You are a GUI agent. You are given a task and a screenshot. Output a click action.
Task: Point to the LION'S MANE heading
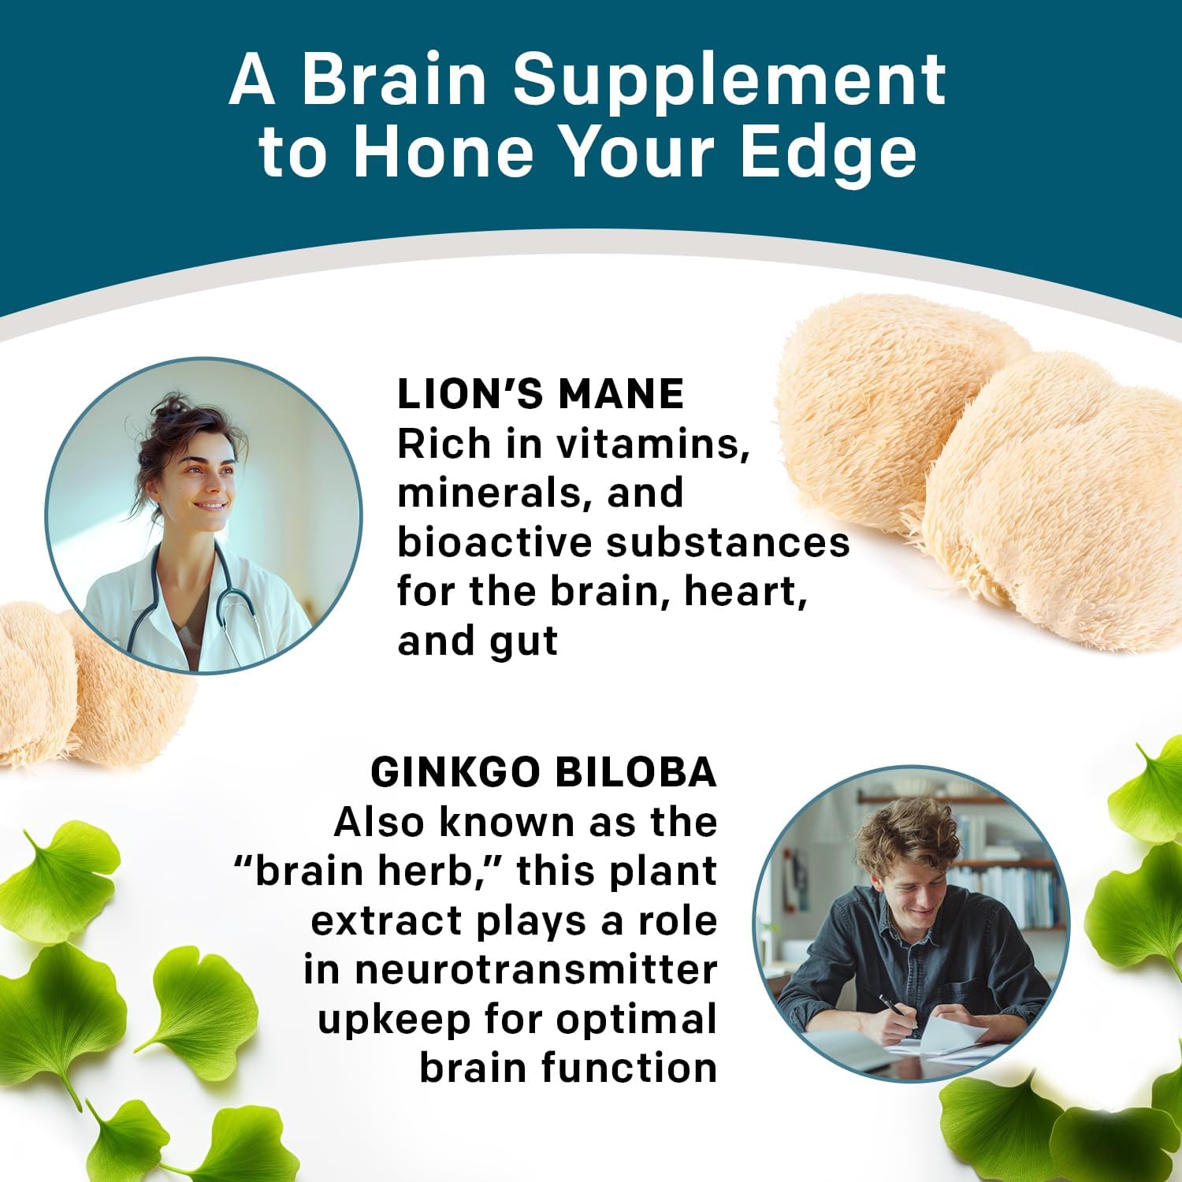pyautogui.click(x=540, y=394)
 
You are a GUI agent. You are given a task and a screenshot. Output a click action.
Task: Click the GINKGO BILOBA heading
pyautogui.click(x=544, y=772)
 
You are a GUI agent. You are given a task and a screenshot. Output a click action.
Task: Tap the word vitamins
pyautogui.click(x=652, y=444)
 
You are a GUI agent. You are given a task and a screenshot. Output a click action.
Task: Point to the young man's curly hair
pyautogui.click(x=906, y=835)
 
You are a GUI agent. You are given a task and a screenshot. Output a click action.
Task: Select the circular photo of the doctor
pyautogui.click(x=203, y=516)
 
